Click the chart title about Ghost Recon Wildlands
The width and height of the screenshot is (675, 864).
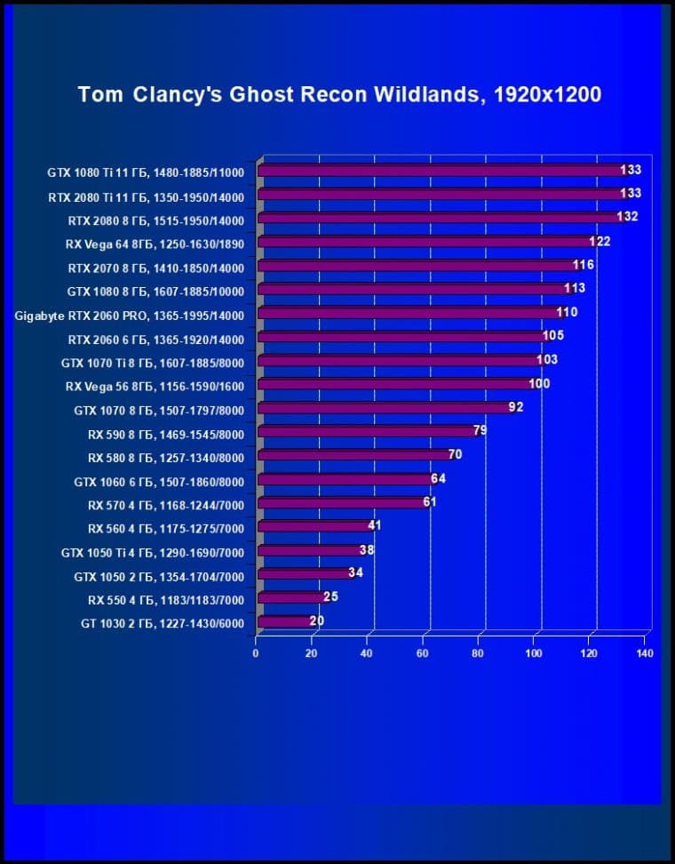pos(339,94)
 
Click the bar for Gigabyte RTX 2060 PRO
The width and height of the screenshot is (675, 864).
pos(409,313)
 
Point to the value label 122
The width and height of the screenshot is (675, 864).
pos(600,241)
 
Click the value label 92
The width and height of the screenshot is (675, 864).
pos(516,407)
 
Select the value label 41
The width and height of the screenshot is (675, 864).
pos(374,525)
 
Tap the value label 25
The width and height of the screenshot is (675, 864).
pos(330,596)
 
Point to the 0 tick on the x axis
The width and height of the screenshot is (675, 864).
pos(256,654)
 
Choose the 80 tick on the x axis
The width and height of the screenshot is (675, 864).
pos(478,654)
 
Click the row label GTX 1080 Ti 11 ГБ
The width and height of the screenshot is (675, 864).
pos(146,172)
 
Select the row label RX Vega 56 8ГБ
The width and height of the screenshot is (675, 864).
pos(155,387)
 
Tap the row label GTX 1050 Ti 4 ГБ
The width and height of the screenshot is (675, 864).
pos(152,553)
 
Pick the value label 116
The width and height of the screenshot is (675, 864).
pos(584,265)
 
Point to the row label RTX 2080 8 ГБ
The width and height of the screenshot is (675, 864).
pos(155,220)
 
